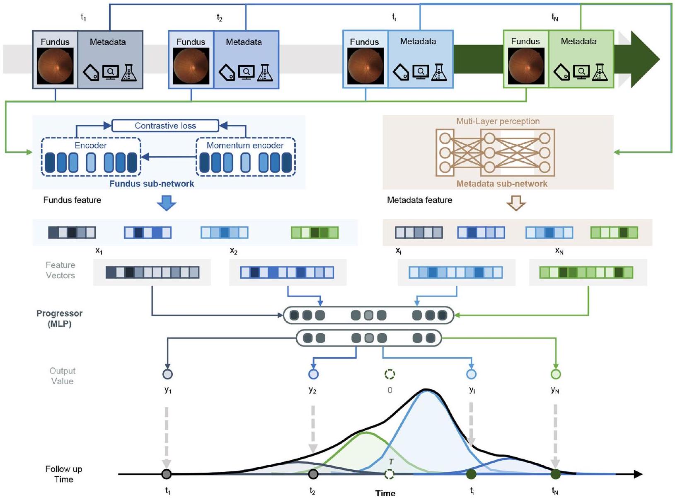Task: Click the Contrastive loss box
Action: [x=165, y=126]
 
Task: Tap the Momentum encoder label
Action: [x=245, y=146]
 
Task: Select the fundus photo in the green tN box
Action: [x=526, y=66]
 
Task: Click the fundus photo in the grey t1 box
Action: [x=55, y=66]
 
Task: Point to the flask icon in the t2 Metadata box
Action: [x=265, y=73]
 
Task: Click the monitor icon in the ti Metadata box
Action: [x=421, y=72]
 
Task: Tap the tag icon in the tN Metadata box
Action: [x=561, y=73]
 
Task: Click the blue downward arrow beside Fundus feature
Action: [x=167, y=203]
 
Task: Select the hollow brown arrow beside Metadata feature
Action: [x=516, y=203]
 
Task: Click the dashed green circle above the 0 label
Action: [x=390, y=374]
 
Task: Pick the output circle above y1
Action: [x=167, y=374]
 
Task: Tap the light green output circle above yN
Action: [x=556, y=374]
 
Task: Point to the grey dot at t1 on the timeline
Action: [x=167, y=474]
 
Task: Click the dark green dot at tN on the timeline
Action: [x=556, y=474]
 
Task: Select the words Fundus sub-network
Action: [x=152, y=184]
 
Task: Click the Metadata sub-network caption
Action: [x=502, y=184]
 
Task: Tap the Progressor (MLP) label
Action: [x=59, y=318]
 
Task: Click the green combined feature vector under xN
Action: [x=586, y=272]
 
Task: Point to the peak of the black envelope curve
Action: [x=426, y=389]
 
